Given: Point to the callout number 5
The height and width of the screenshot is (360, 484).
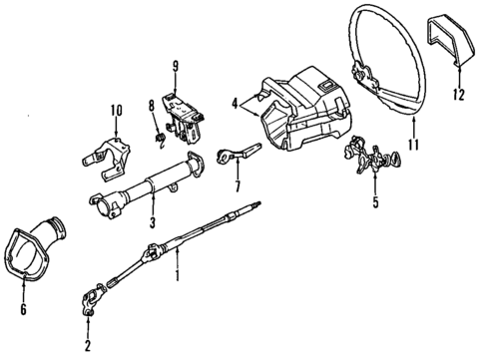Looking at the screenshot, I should (x=375, y=206).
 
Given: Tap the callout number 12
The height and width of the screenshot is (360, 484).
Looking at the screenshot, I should (x=461, y=96).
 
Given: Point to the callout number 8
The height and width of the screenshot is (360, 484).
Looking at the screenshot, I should (x=152, y=104).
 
